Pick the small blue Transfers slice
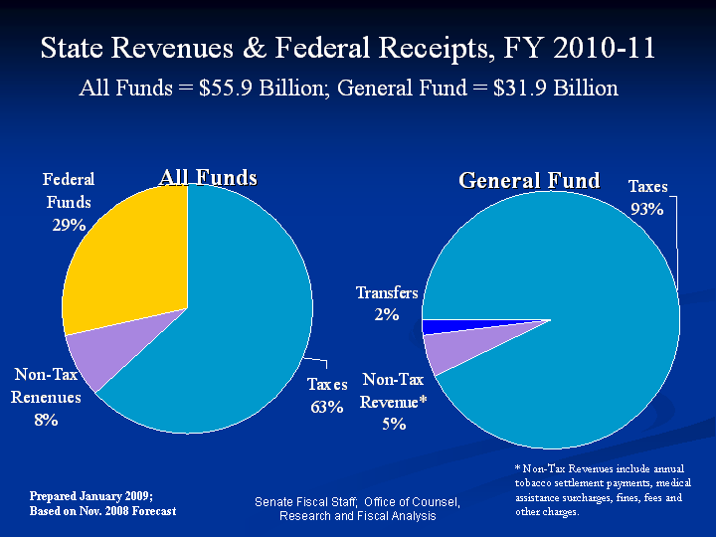438,326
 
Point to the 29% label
69,225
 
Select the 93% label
646,209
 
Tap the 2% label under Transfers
387,315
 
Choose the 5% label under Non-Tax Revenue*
393,424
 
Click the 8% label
46,420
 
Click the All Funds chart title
209,178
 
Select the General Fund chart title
529,180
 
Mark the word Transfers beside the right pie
387,293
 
